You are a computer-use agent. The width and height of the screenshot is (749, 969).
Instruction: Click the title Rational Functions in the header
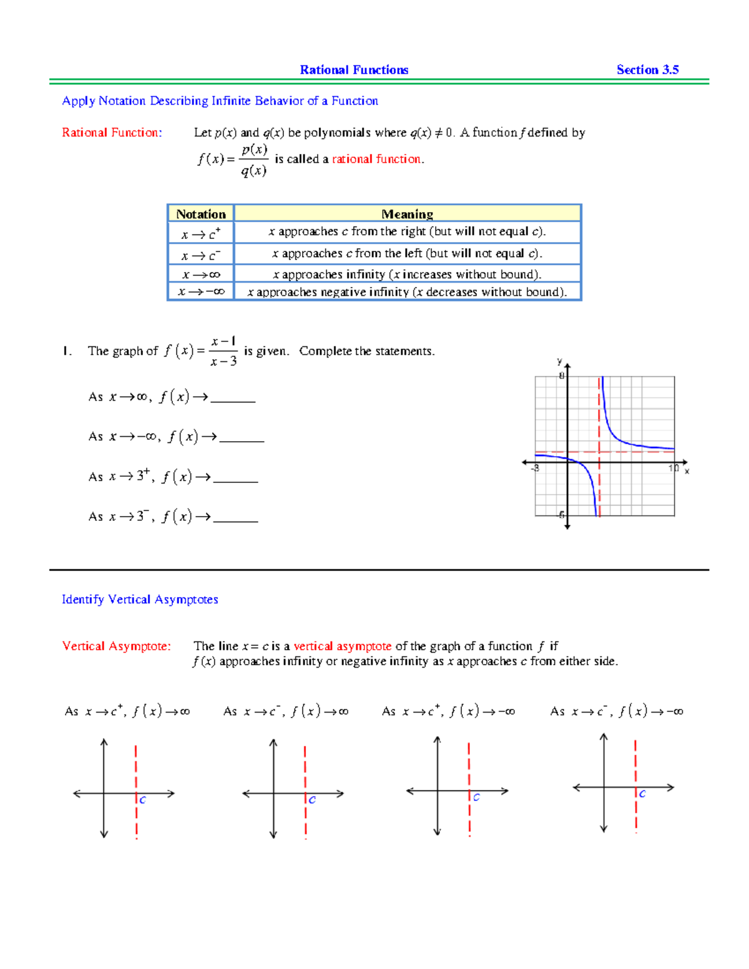[x=354, y=70]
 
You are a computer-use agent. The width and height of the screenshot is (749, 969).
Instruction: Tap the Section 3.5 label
[x=647, y=70]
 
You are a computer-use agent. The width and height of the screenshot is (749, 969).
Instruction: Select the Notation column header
[x=200, y=214]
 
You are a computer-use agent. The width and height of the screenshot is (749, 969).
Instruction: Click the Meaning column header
[x=407, y=214]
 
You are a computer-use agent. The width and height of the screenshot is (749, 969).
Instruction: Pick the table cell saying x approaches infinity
[x=407, y=275]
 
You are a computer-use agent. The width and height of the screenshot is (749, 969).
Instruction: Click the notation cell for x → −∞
[x=200, y=291]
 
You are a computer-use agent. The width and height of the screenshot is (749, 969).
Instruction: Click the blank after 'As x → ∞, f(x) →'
[x=233, y=399]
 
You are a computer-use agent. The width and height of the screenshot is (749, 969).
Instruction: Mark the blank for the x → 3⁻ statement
[x=235, y=519]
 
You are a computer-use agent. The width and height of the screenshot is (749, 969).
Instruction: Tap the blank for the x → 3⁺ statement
[x=235, y=479]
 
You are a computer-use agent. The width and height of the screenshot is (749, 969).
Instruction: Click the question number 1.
[x=66, y=351]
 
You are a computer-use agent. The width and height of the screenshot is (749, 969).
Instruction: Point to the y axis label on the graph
[x=559, y=361]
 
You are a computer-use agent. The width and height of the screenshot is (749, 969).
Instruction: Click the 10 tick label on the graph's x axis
[x=673, y=468]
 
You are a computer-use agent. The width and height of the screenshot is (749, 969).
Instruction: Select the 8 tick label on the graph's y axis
[x=561, y=376]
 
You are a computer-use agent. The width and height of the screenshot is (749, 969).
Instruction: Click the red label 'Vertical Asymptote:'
[x=116, y=646]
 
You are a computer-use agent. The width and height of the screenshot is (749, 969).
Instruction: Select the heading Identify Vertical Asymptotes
[x=140, y=600]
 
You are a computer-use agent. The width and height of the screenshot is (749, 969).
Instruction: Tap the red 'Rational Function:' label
[x=112, y=133]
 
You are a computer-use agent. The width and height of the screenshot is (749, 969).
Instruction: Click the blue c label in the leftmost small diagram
[x=142, y=800]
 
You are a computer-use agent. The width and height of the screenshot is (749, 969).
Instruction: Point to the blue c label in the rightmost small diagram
[x=642, y=794]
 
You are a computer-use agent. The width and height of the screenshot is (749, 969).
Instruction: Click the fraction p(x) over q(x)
[x=254, y=160]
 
